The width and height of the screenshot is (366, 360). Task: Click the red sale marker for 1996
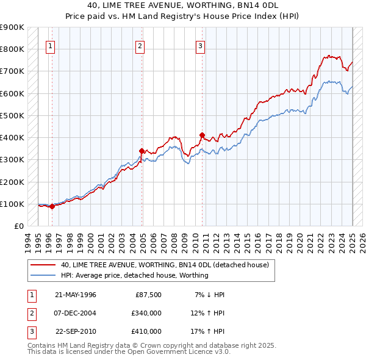click(52, 206)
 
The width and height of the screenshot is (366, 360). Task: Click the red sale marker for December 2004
click(142, 150)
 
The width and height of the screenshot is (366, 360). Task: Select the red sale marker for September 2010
click(202, 135)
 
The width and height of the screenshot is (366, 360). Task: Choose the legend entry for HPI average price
click(134, 275)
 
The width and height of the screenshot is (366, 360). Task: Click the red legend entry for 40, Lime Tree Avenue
click(168, 265)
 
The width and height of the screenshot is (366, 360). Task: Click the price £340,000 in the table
click(146, 313)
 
